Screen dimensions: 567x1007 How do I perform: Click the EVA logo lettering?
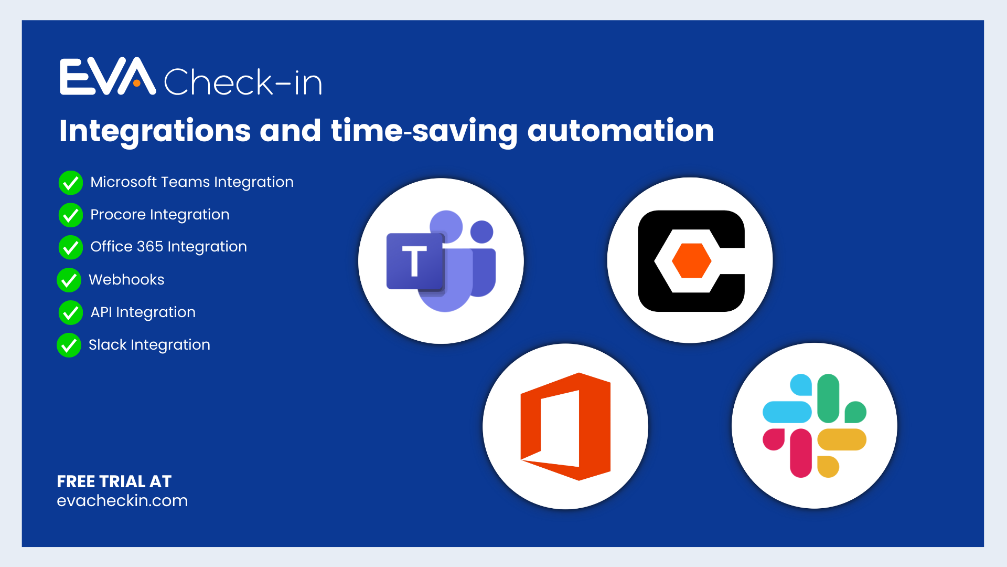(x=108, y=77)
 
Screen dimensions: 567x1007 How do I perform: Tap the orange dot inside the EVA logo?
(x=137, y=83)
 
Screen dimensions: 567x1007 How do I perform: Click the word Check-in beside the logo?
(x=243, y=82)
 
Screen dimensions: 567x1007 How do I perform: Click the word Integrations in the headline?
(x=155, y=131)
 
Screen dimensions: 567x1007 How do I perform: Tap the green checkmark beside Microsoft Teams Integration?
(x=70, y=183)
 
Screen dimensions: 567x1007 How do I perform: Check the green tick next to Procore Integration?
(x=70, y=215)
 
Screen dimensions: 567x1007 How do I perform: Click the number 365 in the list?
(x=150, y=247)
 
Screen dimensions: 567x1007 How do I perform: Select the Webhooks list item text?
(x=126, y=280)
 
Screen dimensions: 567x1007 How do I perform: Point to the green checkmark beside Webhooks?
(x=69, y=280)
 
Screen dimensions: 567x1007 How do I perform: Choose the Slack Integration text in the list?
(x=149, y=345)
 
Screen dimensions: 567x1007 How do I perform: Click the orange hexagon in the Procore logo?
(x=691, y=260)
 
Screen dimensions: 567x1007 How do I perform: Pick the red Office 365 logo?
(x=565, y=426)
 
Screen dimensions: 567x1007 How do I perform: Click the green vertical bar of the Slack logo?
(x=828, y=398)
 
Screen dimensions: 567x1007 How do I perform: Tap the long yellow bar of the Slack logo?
(x=841, y=439)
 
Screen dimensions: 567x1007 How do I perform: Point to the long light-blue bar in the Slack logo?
(x=787, y=412)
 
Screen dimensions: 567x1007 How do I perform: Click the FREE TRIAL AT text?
(x=114, y=481)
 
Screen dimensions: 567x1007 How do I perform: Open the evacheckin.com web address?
(x=122, y=501)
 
